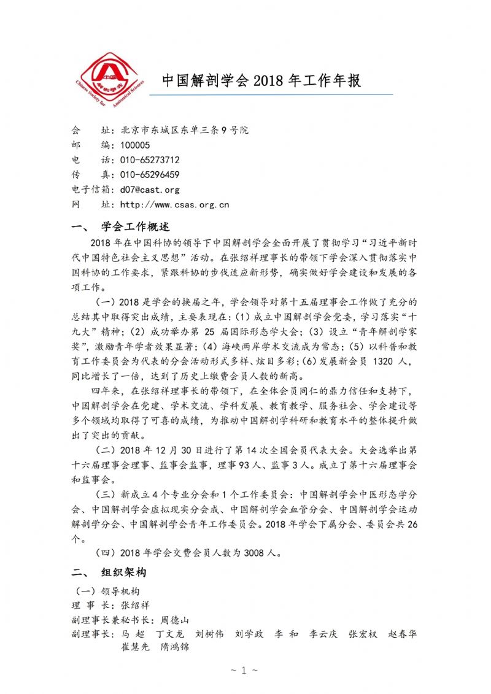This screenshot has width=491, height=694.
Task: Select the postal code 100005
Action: point(135,145)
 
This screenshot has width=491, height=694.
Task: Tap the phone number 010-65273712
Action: point(150,160)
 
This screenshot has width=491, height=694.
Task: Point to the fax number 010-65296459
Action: point(150,174)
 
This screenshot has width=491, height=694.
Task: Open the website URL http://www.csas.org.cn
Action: point(174,204)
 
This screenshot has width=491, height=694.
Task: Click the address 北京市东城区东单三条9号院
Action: point(184,130)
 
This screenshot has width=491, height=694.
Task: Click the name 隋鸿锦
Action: point(174,647)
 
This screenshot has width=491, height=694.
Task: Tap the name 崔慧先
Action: point(135,647)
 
